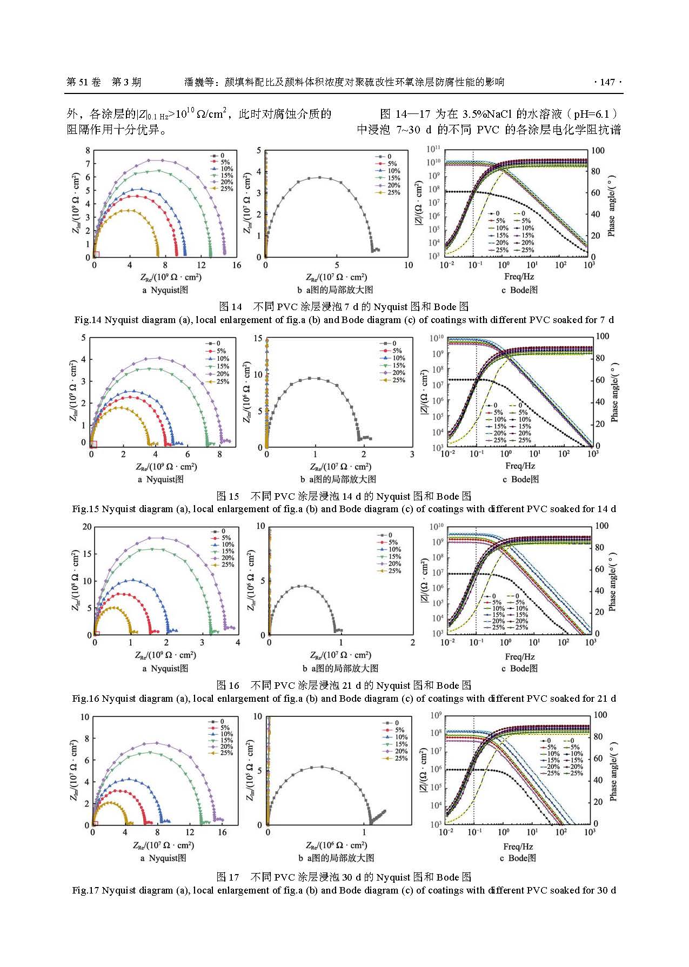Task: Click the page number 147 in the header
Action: tap(607, 82)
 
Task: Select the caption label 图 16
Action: tap(228, 686)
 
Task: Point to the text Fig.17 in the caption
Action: tap(86, 890)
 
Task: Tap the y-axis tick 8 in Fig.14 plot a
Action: tap(88, 150)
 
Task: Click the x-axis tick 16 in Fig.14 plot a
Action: tap(237, 265)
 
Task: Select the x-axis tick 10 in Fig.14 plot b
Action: tap(408, 265)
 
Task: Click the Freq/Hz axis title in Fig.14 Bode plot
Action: tap(519, 277)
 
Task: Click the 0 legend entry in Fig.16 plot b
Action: tap(389, 535)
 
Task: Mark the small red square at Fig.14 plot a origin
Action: tap(96, 254)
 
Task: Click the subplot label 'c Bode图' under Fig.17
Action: tap(518, 858)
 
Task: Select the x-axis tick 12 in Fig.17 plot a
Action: tap(190, 832)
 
